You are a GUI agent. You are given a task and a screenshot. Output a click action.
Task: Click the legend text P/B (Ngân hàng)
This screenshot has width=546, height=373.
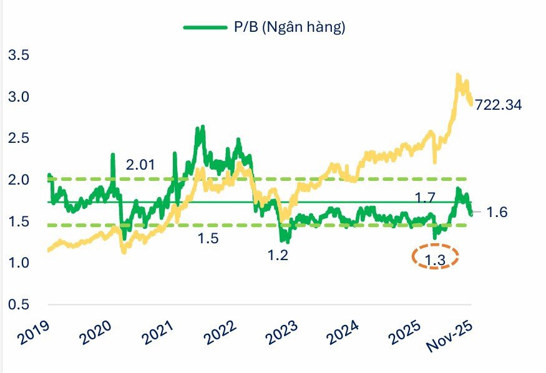tap(285, 27)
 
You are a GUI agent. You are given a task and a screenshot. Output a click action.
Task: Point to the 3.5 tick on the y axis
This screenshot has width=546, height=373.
tap(18, 55)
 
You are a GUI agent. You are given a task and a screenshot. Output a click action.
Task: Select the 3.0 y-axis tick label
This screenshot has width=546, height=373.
tap(18, 97)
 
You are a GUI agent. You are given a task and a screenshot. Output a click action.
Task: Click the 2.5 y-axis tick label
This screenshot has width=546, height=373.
tap(18, 138)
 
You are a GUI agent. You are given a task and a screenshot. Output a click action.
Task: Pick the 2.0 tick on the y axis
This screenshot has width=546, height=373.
tap(18, 180)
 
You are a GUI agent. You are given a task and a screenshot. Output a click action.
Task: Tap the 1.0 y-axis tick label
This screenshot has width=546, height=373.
tap(18, 263)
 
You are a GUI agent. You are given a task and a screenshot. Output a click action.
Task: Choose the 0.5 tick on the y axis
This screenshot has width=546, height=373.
tap(18, 304)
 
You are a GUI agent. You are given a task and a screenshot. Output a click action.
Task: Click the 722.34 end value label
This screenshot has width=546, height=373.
tap(498, 105)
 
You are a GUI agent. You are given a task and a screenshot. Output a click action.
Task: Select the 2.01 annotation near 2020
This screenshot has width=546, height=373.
tap(140, 165)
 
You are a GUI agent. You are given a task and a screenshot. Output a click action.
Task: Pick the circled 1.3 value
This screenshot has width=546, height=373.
tap(436, 257)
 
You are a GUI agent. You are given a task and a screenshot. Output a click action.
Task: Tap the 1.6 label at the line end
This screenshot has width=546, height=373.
tap(498, 213)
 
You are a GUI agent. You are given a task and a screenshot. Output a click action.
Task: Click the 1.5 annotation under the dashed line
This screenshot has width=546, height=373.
tap(208, 239)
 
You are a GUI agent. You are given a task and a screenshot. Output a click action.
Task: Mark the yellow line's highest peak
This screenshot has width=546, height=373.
tap(458, 75)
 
